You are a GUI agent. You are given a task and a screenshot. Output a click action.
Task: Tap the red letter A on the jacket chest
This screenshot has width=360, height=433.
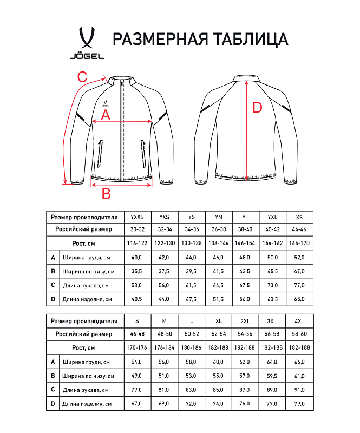coord(106,115)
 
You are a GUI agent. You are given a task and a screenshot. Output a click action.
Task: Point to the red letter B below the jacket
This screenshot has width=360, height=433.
coord(107,193)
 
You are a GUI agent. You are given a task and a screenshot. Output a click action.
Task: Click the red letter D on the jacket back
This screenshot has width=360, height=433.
coord(257,108)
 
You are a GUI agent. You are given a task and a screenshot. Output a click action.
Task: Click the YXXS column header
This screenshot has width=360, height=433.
coord(138,217)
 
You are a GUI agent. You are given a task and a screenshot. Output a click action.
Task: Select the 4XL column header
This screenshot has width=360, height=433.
coord(299,321)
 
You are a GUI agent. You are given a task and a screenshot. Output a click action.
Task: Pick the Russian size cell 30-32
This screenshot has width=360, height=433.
coord(138,229)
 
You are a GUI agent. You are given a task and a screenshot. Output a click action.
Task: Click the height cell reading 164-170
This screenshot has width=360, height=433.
coord(299,243)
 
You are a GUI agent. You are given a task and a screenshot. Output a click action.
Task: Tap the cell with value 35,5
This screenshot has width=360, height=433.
coord(138,271)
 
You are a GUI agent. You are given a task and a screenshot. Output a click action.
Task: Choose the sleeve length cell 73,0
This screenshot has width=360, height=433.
coord(272,285)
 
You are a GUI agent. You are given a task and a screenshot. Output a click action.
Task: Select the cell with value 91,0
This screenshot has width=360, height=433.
coord(299,389)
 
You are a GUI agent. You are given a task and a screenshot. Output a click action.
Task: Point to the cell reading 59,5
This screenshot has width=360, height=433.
coord(272,375)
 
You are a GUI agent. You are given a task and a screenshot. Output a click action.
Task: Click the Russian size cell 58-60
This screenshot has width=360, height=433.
coord(299,334)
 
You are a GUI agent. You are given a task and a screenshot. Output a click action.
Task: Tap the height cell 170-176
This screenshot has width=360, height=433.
coord(138,347)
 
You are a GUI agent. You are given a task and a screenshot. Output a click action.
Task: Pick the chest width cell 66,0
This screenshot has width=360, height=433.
coord(299,362)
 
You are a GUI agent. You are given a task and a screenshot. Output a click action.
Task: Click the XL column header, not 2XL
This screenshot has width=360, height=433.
coord(218,321)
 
